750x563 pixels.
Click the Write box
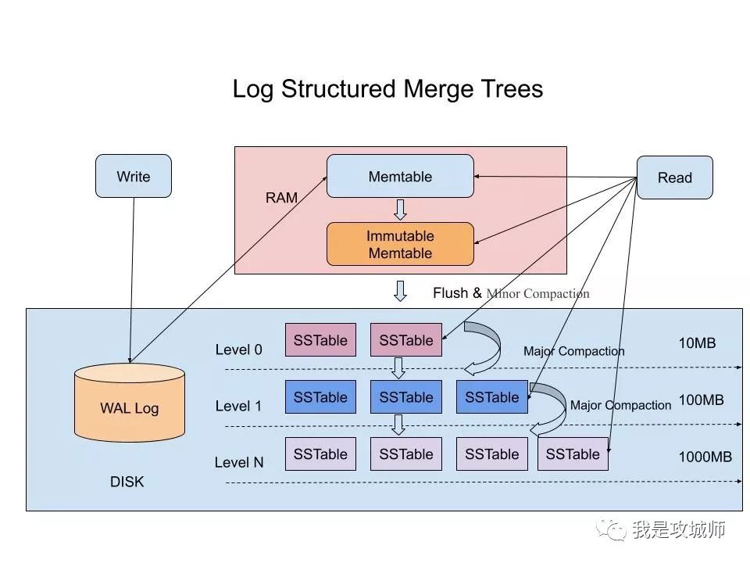[x=133, y=176]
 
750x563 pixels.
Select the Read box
[x=674, y=178]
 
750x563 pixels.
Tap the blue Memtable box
[x=400, y=176]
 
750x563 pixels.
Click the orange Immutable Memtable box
[x=400, y=244]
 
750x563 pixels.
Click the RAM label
[x=281, y=198]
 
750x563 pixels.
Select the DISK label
[x=127, y=482]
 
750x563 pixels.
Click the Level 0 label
[x=239, y=350]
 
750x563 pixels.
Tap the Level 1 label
[x=239, y=406]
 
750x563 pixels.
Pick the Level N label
[x=239, y=462]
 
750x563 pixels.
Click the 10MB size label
[x=697, y=343]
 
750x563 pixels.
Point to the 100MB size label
[x=701, y=400]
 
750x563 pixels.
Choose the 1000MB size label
[x=705, y=457]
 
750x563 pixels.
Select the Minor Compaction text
[x=537, y=294]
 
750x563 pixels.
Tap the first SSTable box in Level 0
[x=320, y=340]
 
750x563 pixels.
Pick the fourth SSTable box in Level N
[x=573, y=454]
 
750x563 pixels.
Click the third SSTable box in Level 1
[x=491, y=397]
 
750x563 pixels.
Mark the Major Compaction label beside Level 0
[x=573, y=351]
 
